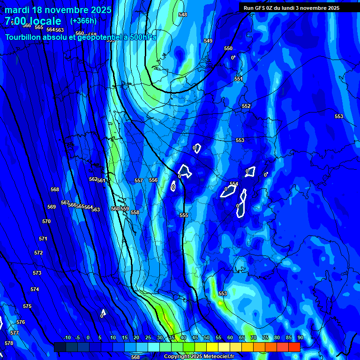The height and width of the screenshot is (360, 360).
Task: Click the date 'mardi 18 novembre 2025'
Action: click(58, 10)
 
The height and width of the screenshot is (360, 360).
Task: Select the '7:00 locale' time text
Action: click(33, 21)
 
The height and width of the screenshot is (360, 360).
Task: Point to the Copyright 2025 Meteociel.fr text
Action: click(199, 356)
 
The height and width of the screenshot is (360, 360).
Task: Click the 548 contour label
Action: click(183, 15)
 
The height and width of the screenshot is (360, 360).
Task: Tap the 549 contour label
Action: click(208, 41)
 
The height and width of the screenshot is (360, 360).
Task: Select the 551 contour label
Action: click(239, 79)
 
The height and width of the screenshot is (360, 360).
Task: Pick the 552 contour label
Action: click(246, 106)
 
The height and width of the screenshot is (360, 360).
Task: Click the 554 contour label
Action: click(234, 184)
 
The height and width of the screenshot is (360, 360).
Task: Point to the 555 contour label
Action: click(184, 215)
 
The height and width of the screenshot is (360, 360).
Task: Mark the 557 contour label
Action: click(139, 180)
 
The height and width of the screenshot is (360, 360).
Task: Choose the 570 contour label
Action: click(46, 221)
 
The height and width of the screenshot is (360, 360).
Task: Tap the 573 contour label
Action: click(37, 273)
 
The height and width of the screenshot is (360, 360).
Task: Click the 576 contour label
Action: click(21, 322)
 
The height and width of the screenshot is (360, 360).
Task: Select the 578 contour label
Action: click(9, 343)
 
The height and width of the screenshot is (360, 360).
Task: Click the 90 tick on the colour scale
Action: click(300, 337)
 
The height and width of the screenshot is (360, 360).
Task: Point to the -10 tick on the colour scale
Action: click(67, 337)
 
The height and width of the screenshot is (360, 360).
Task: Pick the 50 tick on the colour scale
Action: click(207, 337)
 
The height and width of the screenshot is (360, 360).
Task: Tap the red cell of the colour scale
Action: click(294, 347)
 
